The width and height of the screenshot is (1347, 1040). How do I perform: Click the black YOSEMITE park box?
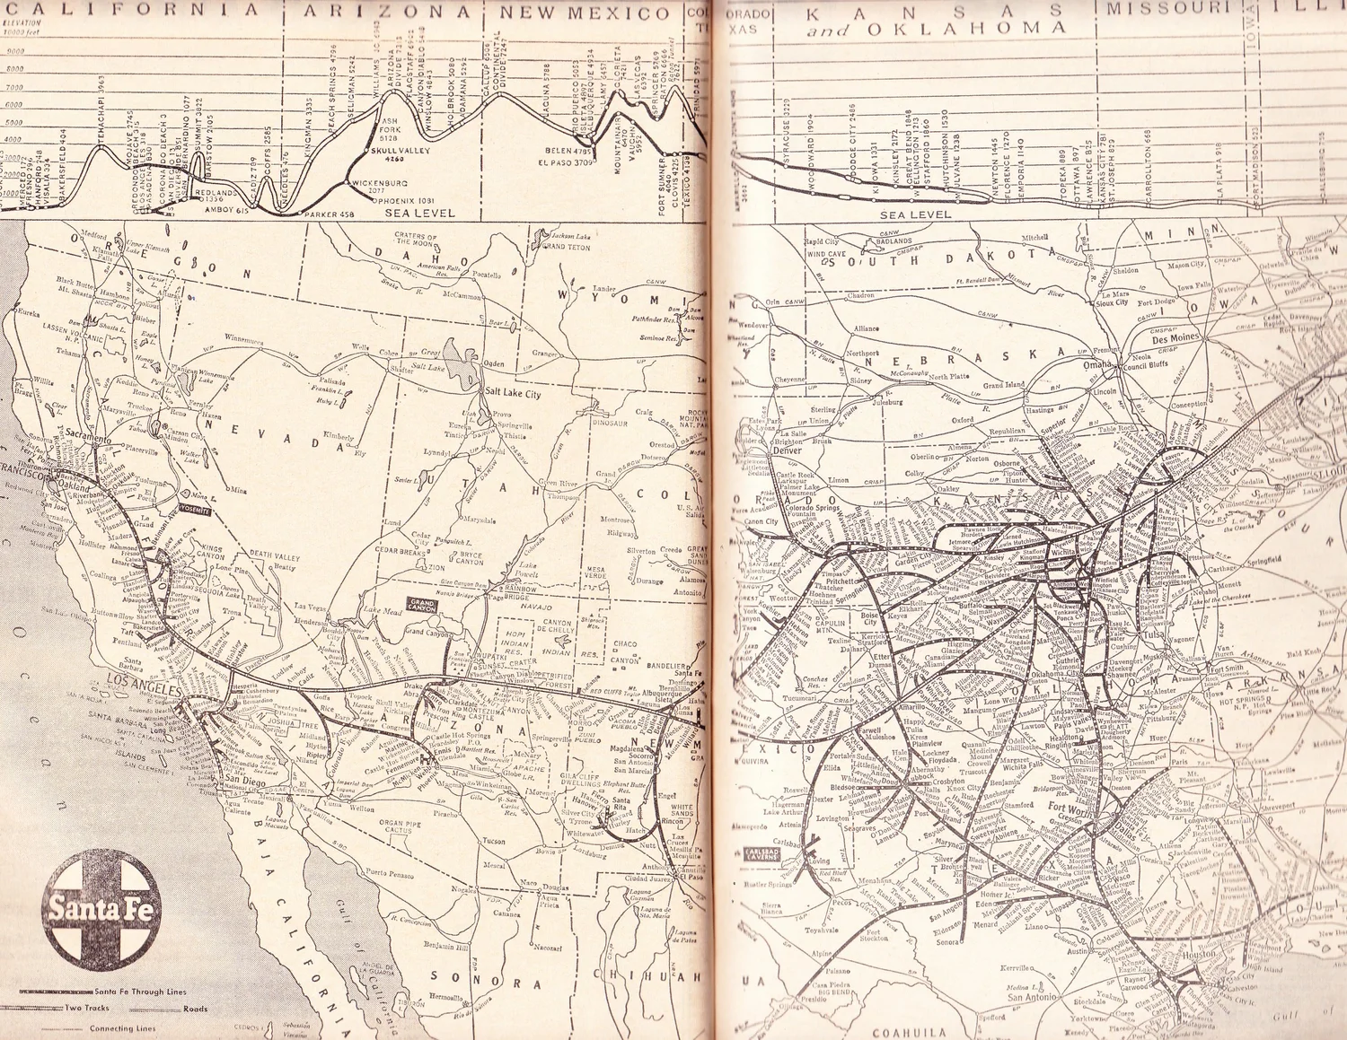coord(194,509)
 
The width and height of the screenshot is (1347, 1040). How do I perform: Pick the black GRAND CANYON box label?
coord(421,605)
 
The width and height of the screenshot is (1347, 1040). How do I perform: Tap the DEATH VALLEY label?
coord(274,555)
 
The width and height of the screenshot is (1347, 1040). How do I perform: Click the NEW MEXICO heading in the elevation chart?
coord(585,13)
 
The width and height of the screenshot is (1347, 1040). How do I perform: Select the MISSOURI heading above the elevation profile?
coord(1154,8)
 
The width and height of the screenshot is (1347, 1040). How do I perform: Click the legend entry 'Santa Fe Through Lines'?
coord(140,992)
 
